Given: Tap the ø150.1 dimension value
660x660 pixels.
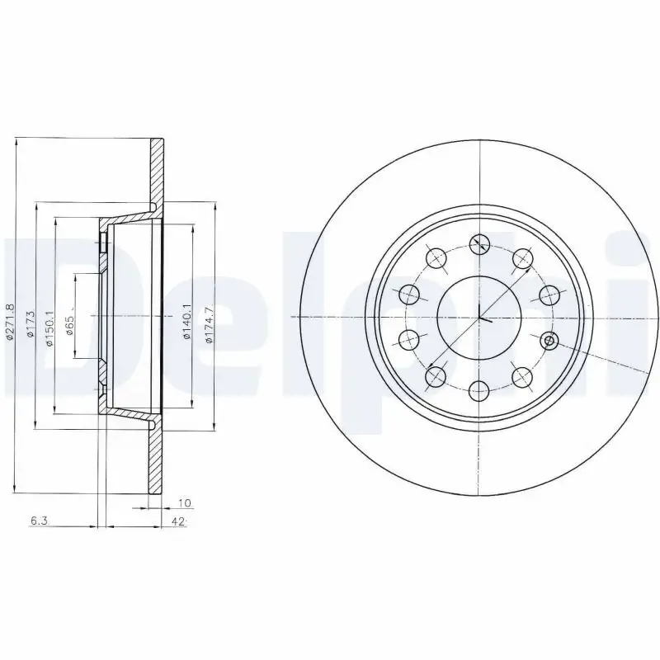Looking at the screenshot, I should [49, 328].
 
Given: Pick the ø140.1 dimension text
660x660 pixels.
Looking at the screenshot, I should [187, 323].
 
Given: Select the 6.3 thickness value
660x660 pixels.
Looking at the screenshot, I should [38, 521].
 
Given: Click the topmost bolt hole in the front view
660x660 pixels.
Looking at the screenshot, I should [479, 243].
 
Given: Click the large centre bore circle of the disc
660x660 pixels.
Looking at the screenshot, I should [479, 316].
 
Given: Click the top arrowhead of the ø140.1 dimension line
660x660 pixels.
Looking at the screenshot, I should [193, 224].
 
